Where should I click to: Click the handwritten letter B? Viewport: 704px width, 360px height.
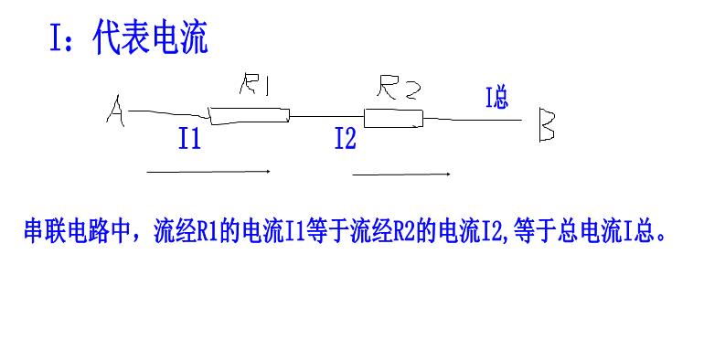(x=546, y=125)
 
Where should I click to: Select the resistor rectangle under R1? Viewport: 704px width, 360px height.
(x=250, y=115)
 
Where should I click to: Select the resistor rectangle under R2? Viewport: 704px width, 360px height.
(x=393, y=118)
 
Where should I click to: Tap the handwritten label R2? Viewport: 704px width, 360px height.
(x=399, y=89)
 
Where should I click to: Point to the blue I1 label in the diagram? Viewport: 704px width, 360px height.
(x=189, y=140)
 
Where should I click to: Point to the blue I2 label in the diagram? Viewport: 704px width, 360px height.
(x=345, y=140)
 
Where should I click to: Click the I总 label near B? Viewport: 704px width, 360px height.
(x=496, y=98)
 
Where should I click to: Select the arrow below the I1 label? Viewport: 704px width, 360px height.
(x=208, y=171)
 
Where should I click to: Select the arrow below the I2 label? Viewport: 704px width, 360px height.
(x=400, y=174)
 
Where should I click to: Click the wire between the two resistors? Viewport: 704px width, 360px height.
(x=326, y=116)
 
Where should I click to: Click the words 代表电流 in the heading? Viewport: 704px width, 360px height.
(x=151, y=38)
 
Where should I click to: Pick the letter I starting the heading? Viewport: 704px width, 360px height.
(x=56, y=38)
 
